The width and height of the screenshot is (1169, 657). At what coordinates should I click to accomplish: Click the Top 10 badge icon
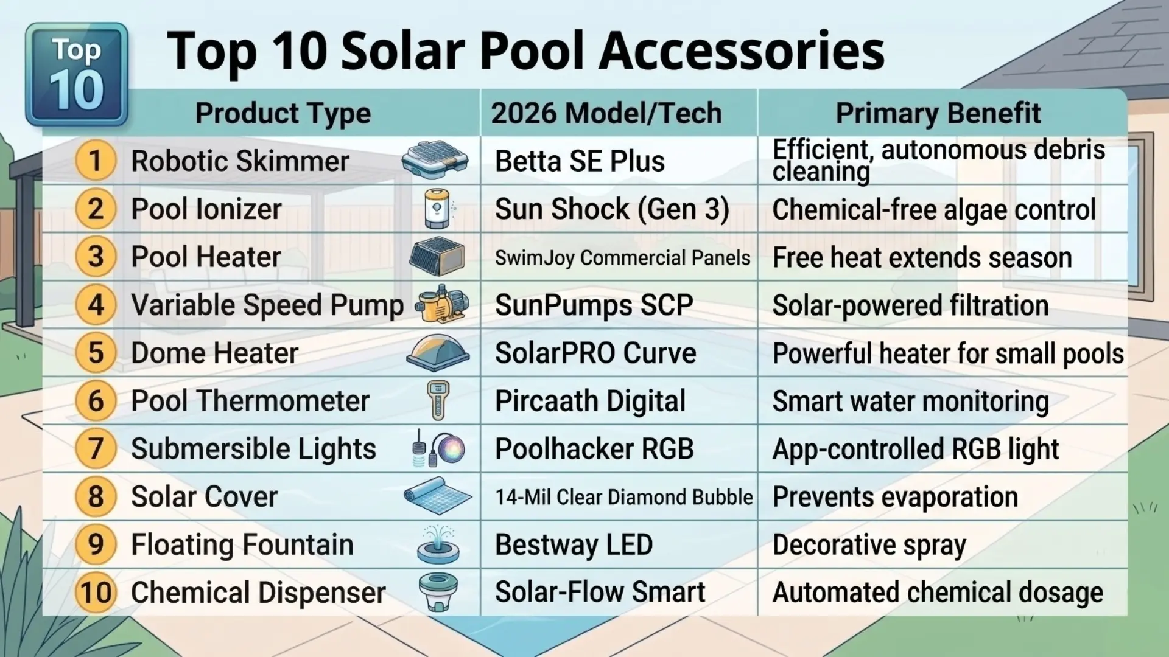click(x=77, y=74)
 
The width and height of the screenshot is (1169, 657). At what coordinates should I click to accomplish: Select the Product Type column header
click(x=283, y=113)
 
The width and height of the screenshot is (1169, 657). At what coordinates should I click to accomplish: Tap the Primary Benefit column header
click(x=938, y=113)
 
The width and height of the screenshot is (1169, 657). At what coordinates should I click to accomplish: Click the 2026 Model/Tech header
click(x=606, y=113)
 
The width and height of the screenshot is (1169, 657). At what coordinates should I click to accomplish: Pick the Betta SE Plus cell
click(x=580, y=161)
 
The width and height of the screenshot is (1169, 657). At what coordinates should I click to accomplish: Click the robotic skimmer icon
click(x=435, y=160)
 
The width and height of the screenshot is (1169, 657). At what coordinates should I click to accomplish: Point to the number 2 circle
click(x=96, y=209)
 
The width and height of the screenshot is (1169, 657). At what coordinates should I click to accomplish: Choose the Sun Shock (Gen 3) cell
click(x=612, y=209)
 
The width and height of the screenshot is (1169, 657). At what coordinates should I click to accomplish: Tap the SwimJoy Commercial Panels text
click(x=622, y=258)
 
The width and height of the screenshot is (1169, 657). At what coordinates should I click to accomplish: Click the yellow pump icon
click(x=442, y=304)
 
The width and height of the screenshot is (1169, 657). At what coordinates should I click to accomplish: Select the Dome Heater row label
click(x=214, y=353)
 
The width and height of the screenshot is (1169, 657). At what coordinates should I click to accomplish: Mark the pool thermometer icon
click(x=438, y=400)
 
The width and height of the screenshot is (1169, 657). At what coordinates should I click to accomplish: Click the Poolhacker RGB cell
click(x=594, y=449)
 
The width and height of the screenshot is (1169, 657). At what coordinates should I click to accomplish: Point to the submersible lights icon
click(x=438, y=449)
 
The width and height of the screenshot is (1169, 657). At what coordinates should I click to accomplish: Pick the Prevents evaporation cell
click(x=895, y=497)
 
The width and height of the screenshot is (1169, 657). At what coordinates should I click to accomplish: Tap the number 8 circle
click(x=96, y=496)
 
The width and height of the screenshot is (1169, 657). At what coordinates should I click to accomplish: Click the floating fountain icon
click(x=438, y=544)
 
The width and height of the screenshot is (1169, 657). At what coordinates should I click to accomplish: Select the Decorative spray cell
click(x=869, y=545)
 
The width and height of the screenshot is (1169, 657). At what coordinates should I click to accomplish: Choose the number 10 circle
click(x=96, y=593)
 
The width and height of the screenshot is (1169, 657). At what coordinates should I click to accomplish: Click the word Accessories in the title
click(x=741, y=51)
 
